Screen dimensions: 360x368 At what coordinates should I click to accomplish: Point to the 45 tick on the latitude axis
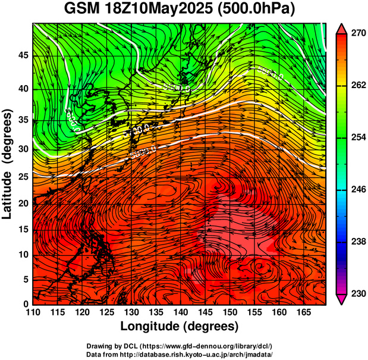pos(22,55)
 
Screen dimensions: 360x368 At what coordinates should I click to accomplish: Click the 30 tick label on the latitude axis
pos(22,149)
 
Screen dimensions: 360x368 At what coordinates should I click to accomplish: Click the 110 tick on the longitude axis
pos(33,312)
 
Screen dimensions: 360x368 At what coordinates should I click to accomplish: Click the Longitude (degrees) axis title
pos(180,326)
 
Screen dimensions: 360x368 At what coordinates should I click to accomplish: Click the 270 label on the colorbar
pos(357,34)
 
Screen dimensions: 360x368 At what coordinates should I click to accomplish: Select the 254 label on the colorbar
pos(357,137)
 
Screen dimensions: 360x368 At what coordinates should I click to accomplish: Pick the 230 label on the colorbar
pos(357,293)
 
